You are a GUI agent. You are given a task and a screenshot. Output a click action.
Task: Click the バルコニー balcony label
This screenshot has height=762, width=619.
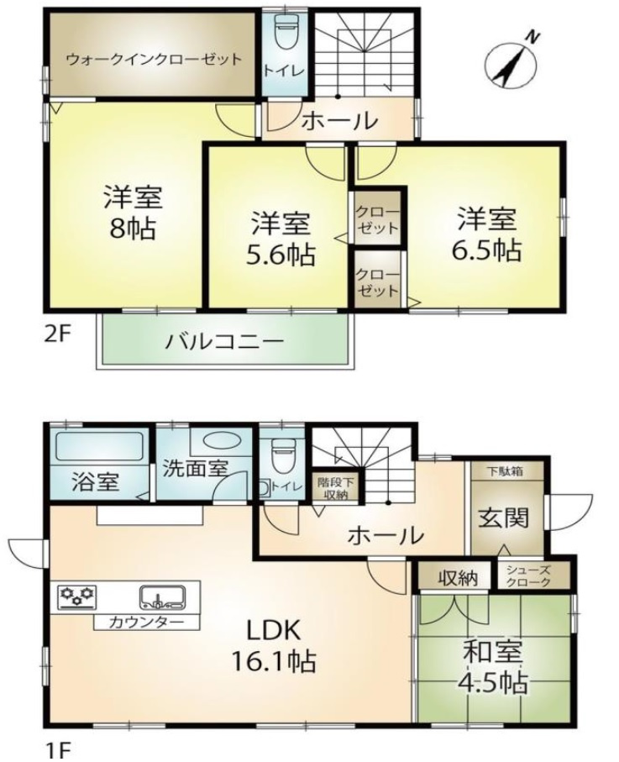pyautogui.click(x=224, y=343)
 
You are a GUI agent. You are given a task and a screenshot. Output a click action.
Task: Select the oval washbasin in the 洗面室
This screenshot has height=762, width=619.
pyautogui.click(x=221, y=440)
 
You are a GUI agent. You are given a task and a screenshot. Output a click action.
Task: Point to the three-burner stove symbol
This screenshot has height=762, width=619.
pyautogui.click(x=76, y=597)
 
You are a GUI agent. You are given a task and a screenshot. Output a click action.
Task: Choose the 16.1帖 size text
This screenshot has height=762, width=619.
pyautogui.click(x=274, y=661)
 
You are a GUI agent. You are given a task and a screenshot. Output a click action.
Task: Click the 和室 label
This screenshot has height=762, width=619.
pyautogui.click(x=494, y=652)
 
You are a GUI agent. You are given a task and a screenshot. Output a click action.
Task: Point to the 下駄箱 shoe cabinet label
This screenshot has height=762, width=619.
pyautogui.click(x=506, y=471)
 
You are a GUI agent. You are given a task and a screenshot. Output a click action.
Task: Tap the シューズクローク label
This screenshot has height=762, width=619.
pyautogui.click(x=527, y=575)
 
